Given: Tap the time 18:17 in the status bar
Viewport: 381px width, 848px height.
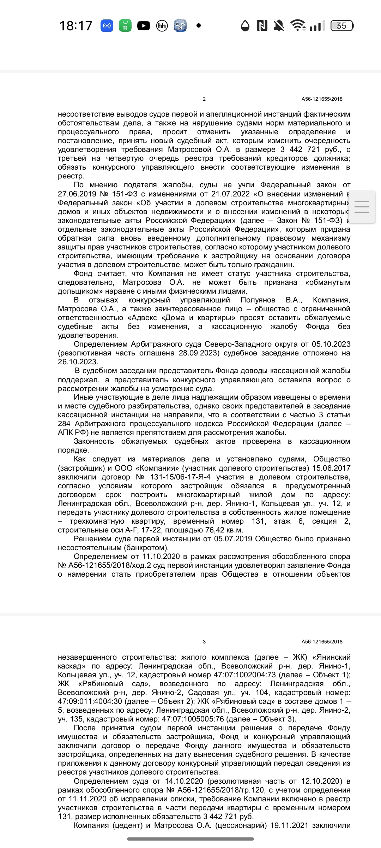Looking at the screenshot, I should click(x=75, y=26).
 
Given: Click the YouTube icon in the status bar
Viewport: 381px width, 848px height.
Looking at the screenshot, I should click(x=143, y=26).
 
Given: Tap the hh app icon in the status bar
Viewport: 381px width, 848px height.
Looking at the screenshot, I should click(x=162, y=26).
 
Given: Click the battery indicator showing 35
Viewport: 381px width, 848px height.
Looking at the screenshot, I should click(x=342, y=26).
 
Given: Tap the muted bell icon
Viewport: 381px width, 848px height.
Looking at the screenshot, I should click(x=279, y=26).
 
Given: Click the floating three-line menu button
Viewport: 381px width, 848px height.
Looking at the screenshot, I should click(x=362, y=207).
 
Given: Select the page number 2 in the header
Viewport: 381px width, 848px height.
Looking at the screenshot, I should click(x=204, y=99).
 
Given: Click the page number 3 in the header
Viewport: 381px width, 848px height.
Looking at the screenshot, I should click(x=204, y=642).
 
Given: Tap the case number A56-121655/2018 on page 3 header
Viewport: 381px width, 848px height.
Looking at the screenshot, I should click(x=322, y=642).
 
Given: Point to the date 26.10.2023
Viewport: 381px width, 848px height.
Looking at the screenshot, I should click(x=77, y=362).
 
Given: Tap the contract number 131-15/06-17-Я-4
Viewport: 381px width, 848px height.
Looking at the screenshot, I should click(x=181, y=477).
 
